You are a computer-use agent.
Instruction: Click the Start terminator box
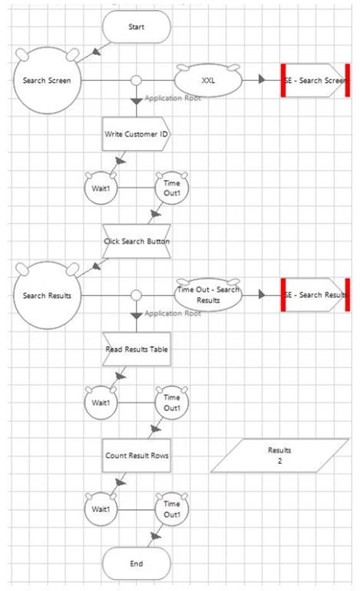(x=137, y=27)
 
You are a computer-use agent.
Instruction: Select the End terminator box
(x=137, y=564)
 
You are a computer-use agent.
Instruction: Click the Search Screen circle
(x=47, y=80)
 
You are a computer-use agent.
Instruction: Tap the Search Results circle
(x=47, y=295)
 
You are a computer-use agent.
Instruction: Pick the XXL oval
(x=208, y=80)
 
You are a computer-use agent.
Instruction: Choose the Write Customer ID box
(x=137, y=134)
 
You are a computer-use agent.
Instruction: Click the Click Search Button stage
(x=137, y=241)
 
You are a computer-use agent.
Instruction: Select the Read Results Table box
(x=137, y=349)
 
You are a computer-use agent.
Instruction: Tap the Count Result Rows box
(x=137, y=456)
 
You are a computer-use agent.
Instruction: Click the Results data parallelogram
(x=280, y=456)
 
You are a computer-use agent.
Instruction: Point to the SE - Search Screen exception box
(x=316, y=80)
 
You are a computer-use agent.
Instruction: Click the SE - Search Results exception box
(x=316, y=295)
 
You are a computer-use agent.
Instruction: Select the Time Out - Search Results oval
(x=208, y=295)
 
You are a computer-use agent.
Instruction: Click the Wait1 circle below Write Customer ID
(x=101, y=188)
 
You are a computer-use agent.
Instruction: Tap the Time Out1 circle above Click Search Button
(x=172, y=188)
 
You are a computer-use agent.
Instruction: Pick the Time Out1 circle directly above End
(x=172, y=509)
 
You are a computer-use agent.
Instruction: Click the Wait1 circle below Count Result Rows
(x=101, y=509)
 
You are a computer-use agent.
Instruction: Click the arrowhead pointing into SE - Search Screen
(x=262, y=80)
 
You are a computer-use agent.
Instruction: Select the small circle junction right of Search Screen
(x=137, y=80)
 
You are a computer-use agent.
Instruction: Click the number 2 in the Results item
(x=280, y=461)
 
